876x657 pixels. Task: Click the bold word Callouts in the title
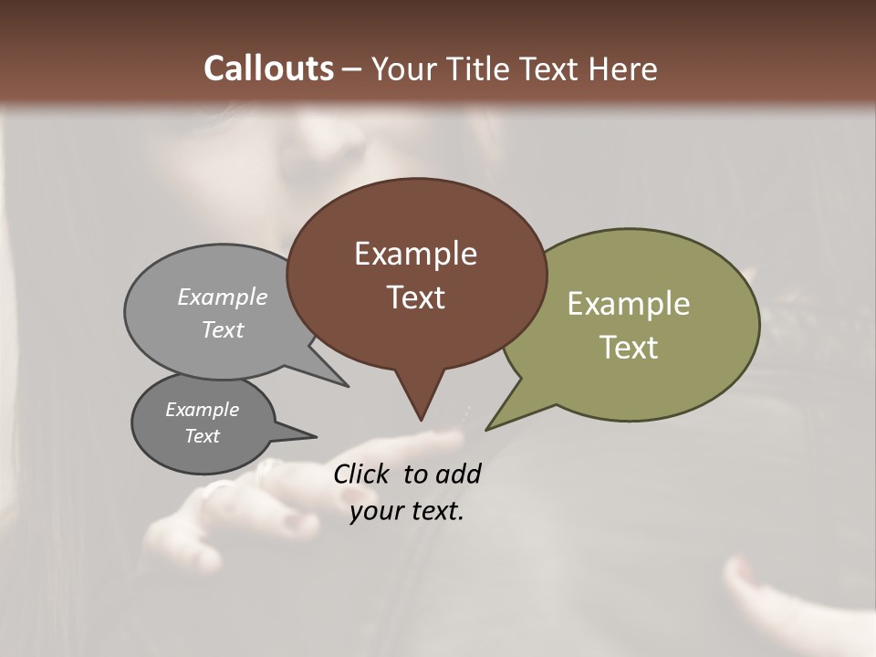coord(268,68)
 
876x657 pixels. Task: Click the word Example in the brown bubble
coord(415,254)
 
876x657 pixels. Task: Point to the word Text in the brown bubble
coord(415,297)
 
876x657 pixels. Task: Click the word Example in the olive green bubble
coord(629,304)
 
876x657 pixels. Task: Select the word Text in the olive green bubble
coord(629,348)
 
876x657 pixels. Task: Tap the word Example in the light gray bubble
coord(223,297)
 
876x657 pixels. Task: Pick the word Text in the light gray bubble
coord(223,329)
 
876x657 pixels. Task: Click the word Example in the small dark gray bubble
coord(202,410)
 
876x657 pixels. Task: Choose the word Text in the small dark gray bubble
coord(202,436)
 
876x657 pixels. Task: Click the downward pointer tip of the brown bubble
coord(421,419)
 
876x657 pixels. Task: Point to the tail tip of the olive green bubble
coord(487,428)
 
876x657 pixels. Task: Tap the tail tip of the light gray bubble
coord(347,386)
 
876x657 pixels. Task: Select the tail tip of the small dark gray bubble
coord(315,436)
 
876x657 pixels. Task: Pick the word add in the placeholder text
coord(458,474)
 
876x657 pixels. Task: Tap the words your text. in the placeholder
coord(407,512)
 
